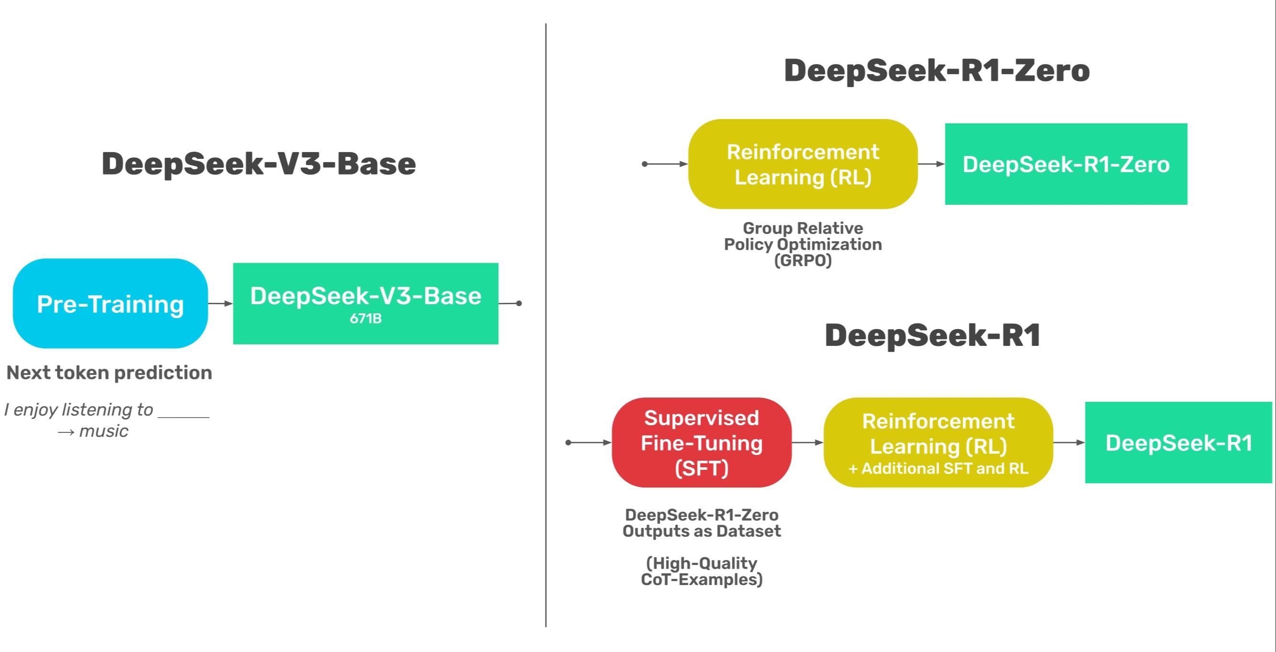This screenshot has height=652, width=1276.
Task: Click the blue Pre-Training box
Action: coord(110,303)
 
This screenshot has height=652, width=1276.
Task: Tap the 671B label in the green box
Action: coord(366,319)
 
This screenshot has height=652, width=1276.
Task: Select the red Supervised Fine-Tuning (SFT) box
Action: coord(701,442)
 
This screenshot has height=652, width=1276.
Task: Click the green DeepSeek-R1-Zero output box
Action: coord(1065,164)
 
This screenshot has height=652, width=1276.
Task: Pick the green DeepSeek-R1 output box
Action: coord(1178,442)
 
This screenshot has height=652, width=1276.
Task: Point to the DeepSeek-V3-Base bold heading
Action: coord(258,164)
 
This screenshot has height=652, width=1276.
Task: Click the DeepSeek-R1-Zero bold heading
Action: coord(937,70)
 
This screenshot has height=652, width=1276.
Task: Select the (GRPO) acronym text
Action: coord(802,261)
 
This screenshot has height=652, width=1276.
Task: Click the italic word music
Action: coord(103,431)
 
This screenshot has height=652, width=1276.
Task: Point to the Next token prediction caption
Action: coord(109,373)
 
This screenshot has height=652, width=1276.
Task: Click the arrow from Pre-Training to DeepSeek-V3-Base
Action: coord(221,303)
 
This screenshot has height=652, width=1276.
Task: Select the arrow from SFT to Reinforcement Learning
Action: coord(808,442)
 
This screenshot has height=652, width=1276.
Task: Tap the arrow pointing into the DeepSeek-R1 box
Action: coord(1069,442)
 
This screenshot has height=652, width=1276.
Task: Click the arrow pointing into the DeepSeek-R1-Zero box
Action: coord(931,164)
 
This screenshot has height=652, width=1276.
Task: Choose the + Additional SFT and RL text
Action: coord(938,469)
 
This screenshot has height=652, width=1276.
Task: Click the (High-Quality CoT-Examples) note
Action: coord(701,571)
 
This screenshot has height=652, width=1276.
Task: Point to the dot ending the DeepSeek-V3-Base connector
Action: coord(519,303)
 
